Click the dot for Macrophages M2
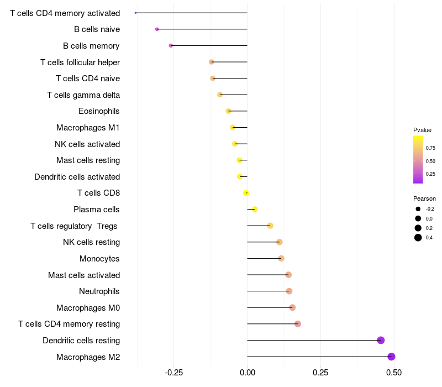coord(391,357)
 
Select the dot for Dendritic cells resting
coord(381,340)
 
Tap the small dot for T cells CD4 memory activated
coord(135,13)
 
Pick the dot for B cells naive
coord(157,29)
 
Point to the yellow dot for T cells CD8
coord(246,193)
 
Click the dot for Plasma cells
coord(255,210)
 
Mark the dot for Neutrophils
coord(289,291)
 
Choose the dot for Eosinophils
coord(228,111)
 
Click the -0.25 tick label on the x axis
coord(173,373)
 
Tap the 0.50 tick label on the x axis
coord(394,373)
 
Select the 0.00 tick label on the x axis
coord(247,373)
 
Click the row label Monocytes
coord(99,259)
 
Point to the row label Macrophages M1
coord(88,128)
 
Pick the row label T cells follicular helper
coord(80,62)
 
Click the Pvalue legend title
coord(422,130)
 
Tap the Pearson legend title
coord(424,198)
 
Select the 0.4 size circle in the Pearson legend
coord(418,238)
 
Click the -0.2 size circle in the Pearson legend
coord(418,209)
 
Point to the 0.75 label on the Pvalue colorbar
coord(430,148)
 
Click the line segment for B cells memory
coord(209,45)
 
